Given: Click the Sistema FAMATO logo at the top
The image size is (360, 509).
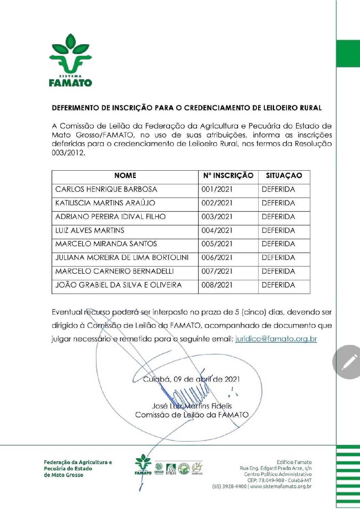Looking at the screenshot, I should [70, 60].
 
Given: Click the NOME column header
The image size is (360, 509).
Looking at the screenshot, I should [125, 176].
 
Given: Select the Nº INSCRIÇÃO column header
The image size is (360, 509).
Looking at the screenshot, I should [228, 176].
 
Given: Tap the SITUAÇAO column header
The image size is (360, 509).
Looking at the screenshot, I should [284, 176].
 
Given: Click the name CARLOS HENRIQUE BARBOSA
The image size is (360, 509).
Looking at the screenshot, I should [106, 189].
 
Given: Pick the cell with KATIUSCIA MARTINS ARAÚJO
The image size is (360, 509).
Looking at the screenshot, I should [105, 203].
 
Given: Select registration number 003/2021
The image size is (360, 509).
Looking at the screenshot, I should [217, 217].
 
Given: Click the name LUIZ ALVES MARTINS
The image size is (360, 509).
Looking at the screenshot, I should [90, 230].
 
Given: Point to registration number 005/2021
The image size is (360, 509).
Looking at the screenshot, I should [217, 244].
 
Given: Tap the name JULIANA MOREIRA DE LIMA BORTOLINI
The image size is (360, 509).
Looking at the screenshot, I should [122, 257].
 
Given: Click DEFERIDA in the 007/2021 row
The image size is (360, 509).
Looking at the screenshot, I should [278, 271].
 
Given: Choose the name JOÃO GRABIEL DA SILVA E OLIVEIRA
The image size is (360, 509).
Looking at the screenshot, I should [118, 285].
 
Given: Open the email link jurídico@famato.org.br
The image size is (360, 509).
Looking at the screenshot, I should [276, 339].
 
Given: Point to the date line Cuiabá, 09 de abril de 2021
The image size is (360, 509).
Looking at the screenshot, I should [191, 379].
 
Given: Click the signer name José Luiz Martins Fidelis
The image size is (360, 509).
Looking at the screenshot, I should [192, 406].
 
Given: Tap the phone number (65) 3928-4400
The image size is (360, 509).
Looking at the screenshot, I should [229, 487].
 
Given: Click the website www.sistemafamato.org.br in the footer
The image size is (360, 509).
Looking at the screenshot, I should [281, 487].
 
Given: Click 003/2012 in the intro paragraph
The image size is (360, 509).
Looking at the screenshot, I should [67, 153].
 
